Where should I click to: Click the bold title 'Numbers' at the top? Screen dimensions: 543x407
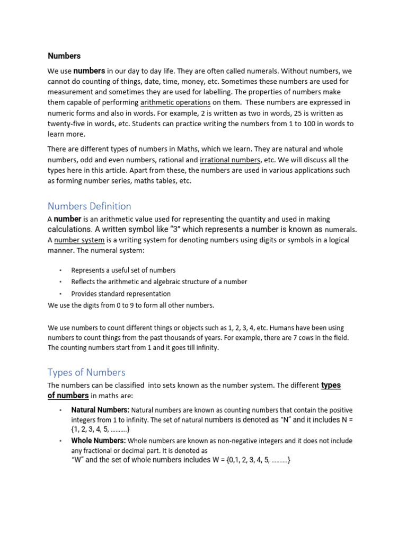(x=64, y=56)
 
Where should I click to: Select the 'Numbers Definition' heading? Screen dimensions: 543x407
(x=89, y=206)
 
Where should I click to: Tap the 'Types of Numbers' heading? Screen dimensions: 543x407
(x=86, y=372)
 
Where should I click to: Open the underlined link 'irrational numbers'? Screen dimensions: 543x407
(x=230, y=160)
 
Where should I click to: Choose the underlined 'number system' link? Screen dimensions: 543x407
(x=79, y=240)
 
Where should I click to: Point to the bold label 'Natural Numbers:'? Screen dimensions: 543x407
(x=100, y=410)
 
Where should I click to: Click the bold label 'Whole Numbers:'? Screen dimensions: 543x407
(x=99, y=441)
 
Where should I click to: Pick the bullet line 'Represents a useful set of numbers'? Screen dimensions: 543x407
(x=123, y=270)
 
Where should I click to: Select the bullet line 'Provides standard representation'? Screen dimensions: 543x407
(x=121, y=294)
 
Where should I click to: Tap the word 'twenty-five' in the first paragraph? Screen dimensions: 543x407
(x=66, y=124)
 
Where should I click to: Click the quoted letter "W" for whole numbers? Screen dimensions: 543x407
(x=77, y=460)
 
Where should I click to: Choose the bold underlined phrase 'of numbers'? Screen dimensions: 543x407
(x=68, y=396)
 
